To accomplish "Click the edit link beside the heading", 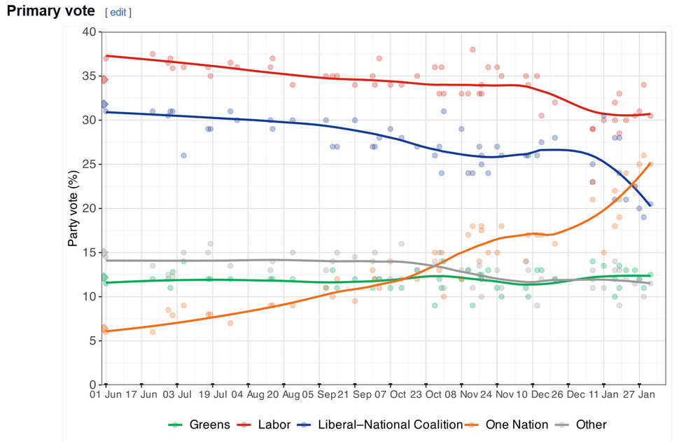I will point(118,13).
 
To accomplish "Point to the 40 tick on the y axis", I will point(89,32).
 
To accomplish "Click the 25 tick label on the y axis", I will point(89,164).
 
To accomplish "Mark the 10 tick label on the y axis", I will point(89,296).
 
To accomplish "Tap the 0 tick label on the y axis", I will point(92,385).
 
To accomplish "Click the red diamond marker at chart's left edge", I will point(104,80).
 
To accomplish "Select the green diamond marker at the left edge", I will point(104,278).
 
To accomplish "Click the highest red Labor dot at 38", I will point(472,50).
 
